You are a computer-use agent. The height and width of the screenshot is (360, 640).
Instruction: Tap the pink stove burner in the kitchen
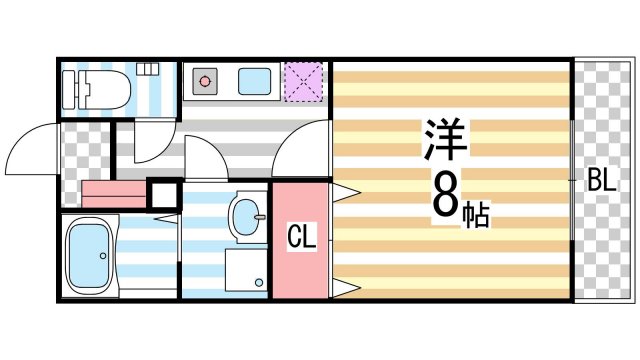[x=205, y=79]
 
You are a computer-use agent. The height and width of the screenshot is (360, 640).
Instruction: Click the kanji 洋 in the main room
[x=445, y=141]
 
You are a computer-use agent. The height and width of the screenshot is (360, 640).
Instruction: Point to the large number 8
[x=445, y=196]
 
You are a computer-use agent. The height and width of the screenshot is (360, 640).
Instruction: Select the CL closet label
[x=302, y=239]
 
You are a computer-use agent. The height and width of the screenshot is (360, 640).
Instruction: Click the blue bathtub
[x=89, y=256]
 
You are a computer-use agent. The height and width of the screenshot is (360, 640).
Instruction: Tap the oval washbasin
[x=246, y=214]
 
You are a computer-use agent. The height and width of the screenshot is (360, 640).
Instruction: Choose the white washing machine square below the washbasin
[x=247, y=268]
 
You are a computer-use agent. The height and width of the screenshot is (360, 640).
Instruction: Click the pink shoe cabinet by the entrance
[x=113, y=192]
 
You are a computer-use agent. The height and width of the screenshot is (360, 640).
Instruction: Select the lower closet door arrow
[x=345, y=289]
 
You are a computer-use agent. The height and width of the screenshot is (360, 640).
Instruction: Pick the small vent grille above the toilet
[x=148, y=69]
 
